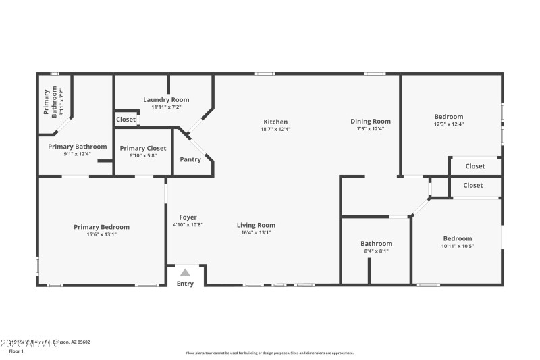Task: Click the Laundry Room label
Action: pyautogui.click(x=166, y=99)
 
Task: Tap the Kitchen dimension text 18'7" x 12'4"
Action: pyautogui.click(x=275, y=129)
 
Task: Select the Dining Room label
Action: pyautogui.click(x=370, y=122)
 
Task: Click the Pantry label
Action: pyautogui.click(x=190, y=160)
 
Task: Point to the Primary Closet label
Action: pyautogui.click(x=142, y=148)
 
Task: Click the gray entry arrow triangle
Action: pyautogui.click(x=185, y=272)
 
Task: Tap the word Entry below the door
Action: pyautogui.click(x=185, y=284)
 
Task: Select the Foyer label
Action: pyautogui.click(x=188, y=217)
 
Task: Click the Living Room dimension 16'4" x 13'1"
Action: pyautogui.click(x=256, y=232)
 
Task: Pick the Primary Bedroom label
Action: pyautogui.click(x=101, y=227)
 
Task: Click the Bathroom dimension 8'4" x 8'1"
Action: pyautogui.click(x=376, y=251)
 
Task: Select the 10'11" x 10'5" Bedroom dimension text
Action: pyautogui.click(x=457, y=246)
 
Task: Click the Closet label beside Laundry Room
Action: pyautogui.click(x=126, y=120)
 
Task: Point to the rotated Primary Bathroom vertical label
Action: pyautogui.click(x=51, y=103)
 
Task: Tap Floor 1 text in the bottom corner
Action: pyautogui.click(x=16, y=351)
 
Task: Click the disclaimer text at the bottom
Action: pyautogui.click(x=269, y=353)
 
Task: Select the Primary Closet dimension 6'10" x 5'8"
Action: pyautogui.click(x=142, y=155)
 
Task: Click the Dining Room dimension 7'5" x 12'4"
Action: pyautogui.click(x=370, y=129)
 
